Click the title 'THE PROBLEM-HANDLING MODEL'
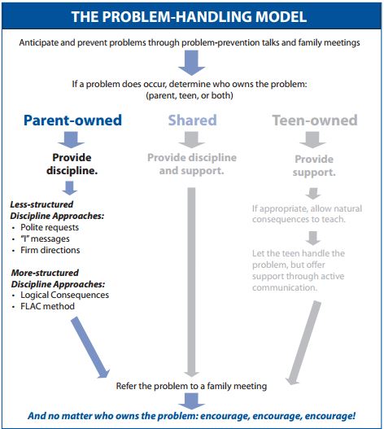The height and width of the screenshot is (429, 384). pos(191,16)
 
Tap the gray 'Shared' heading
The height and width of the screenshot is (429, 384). pos(192,120)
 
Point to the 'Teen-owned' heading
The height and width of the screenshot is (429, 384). pos(314,120)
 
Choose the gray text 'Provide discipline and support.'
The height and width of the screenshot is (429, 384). pos(192,165)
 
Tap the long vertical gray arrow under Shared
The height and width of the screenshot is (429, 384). pos(192,277)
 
